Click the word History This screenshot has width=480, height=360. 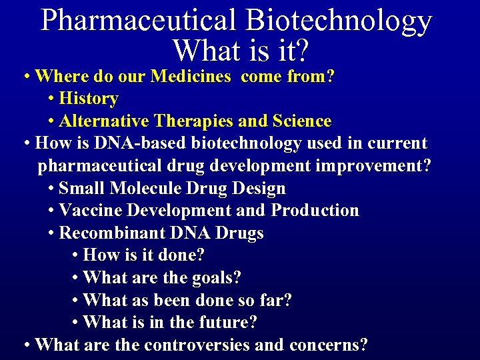pyautogui.click(x=89, y=99)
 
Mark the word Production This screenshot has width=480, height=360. pyautogui.click(x=315, y=211)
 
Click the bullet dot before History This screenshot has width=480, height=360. pyautogui.click(x=52, y=99)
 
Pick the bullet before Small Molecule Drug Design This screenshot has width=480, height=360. pyautogui.click(x=52, y=189)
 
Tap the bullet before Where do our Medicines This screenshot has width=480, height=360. pyautogui.click(x=25, y=77)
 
